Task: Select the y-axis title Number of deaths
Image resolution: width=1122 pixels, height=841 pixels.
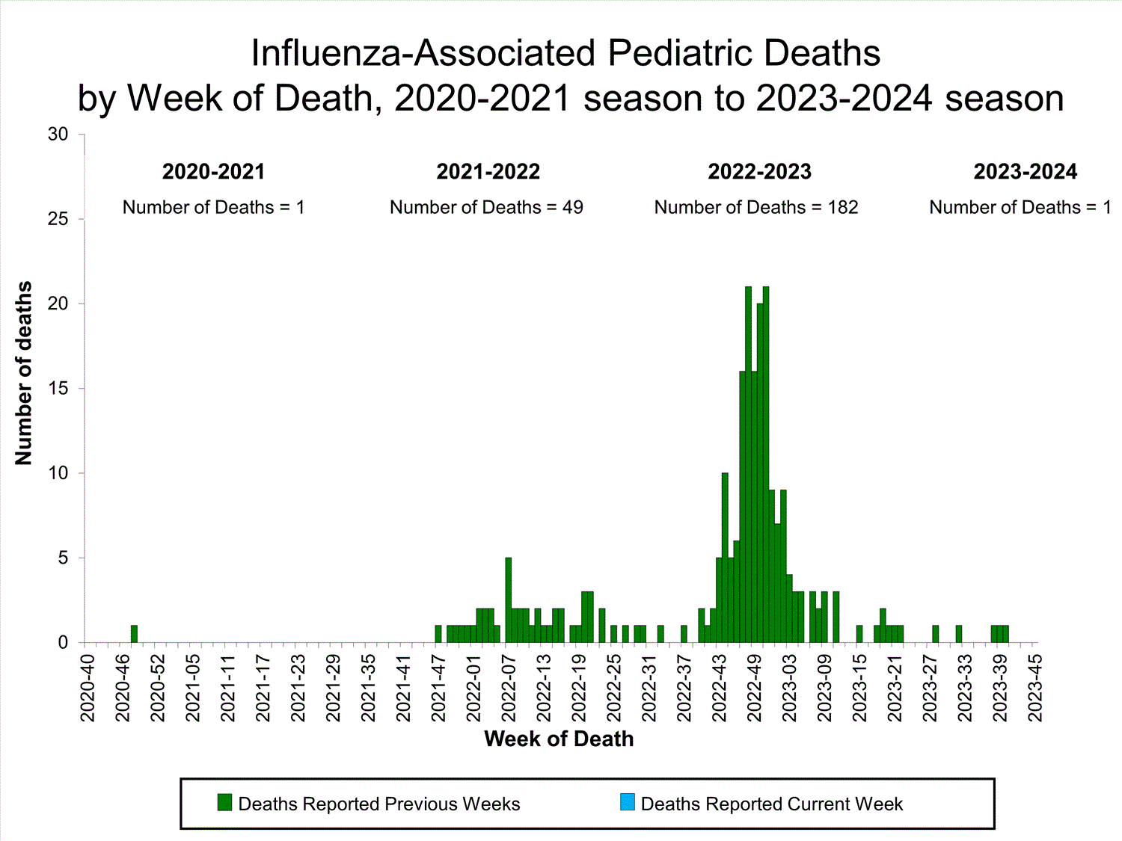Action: point(24,373)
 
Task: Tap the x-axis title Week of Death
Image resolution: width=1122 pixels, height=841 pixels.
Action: point(559,739)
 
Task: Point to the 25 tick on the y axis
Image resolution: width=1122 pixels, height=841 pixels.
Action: point(58,219)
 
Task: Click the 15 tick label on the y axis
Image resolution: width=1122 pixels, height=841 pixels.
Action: point(58,389)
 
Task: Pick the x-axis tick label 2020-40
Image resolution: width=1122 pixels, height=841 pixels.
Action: point(88,688)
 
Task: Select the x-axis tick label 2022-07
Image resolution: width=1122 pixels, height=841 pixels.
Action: point(509,688)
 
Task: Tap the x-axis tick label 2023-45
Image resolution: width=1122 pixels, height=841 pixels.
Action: point(1035,688)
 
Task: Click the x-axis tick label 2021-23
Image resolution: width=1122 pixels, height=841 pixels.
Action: point(298,688)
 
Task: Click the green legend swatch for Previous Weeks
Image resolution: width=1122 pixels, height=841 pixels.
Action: point(224,803)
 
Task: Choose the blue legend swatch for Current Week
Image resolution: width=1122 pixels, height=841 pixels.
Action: point(627,803)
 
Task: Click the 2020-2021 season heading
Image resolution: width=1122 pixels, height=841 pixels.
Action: point(214,172)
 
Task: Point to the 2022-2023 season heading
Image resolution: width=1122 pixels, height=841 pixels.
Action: point(759,172)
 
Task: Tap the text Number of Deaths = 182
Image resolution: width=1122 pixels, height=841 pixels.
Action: point(756,207)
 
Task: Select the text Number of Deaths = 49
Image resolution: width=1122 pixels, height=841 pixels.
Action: point(486,207)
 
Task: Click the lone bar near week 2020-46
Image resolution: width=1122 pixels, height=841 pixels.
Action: point(134,634)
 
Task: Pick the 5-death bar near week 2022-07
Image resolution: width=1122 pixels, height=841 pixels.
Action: point(509,600)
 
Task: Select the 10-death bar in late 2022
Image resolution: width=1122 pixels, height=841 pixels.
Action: point(725,558)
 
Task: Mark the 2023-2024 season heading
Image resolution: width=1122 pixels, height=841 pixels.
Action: point(1025,172)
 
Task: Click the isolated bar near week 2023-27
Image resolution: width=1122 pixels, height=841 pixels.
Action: point(935,634)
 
